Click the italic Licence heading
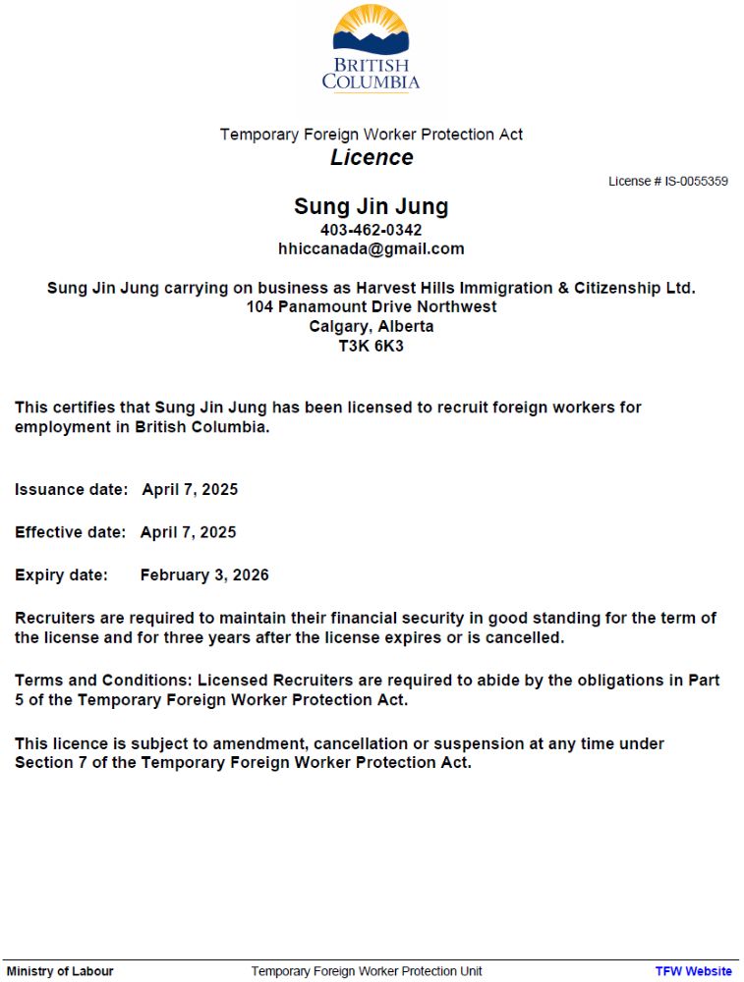click(x=372, y=158)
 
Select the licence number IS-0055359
click(x=696, y=182)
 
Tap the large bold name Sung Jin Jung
click(x=371, y=207)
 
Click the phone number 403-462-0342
click(x=371, y=230)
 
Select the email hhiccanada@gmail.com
click(x=371, y=249)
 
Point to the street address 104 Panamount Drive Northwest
click(x=371, y=307)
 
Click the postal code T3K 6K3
click(x=371, y=347)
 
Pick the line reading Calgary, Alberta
click(x=371, y=327)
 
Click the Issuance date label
click(x=71, y=490)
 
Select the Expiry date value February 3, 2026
click(x=204, y=575)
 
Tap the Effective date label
click(x=70, y=532)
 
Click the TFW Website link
click(x=693, y=971)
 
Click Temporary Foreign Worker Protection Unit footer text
click(x=367, y=971)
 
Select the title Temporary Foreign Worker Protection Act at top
click(x=372, y=135)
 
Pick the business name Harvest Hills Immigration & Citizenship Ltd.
click(x=526, y=288)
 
